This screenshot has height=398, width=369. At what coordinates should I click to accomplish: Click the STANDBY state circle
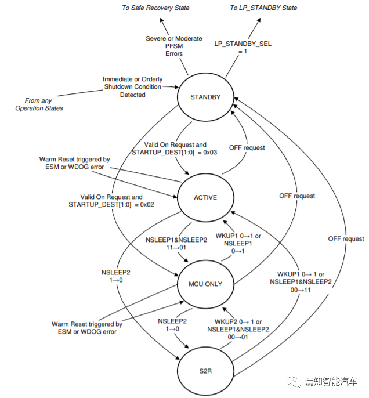(x=205, y=97)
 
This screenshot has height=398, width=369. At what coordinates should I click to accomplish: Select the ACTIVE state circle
(x=205, y=197)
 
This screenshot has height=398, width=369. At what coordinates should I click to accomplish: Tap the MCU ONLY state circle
(x=205, y=284)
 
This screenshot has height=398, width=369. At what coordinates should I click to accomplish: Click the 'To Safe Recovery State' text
(x=155, y=8)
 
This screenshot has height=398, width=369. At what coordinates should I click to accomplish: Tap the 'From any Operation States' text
(x=39, y=104)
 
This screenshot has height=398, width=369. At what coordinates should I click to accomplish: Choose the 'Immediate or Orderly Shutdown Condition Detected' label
(x=132, y=87)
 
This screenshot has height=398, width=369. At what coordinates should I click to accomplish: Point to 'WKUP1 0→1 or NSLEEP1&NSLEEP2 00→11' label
(x=301, y=281)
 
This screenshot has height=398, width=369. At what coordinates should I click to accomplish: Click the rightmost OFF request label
(x=346, y=239)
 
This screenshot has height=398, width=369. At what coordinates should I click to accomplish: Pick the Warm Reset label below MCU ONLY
(x=86, y=328)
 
